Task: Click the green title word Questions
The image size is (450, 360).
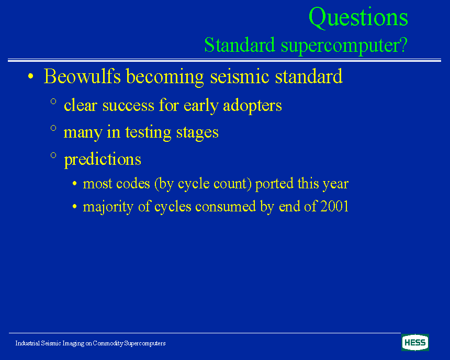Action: [x=358, y=18]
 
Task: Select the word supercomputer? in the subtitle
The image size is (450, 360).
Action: [x=344, y=46]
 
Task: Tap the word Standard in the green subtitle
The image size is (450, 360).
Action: [x=240, y=45]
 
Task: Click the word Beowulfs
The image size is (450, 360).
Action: [x=82, y=76]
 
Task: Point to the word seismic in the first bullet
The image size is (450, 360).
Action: [x=240, y=76]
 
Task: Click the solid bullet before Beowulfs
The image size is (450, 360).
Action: [x=31, y=76]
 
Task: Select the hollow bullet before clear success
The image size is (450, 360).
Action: [x=53, y=101]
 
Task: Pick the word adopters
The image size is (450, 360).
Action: [x=252, y=106]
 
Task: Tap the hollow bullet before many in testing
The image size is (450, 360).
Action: [x=53, y=128]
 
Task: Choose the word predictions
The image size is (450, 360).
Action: [x=103, y=159]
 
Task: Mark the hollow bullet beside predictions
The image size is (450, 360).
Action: [x=53, y=155]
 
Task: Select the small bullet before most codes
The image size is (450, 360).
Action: [x=75, y=184]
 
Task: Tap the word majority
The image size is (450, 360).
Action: [x=108, y=207]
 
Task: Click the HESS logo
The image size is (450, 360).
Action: [x=415, y=343]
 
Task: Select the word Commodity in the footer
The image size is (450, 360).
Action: [x=108, y=343]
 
